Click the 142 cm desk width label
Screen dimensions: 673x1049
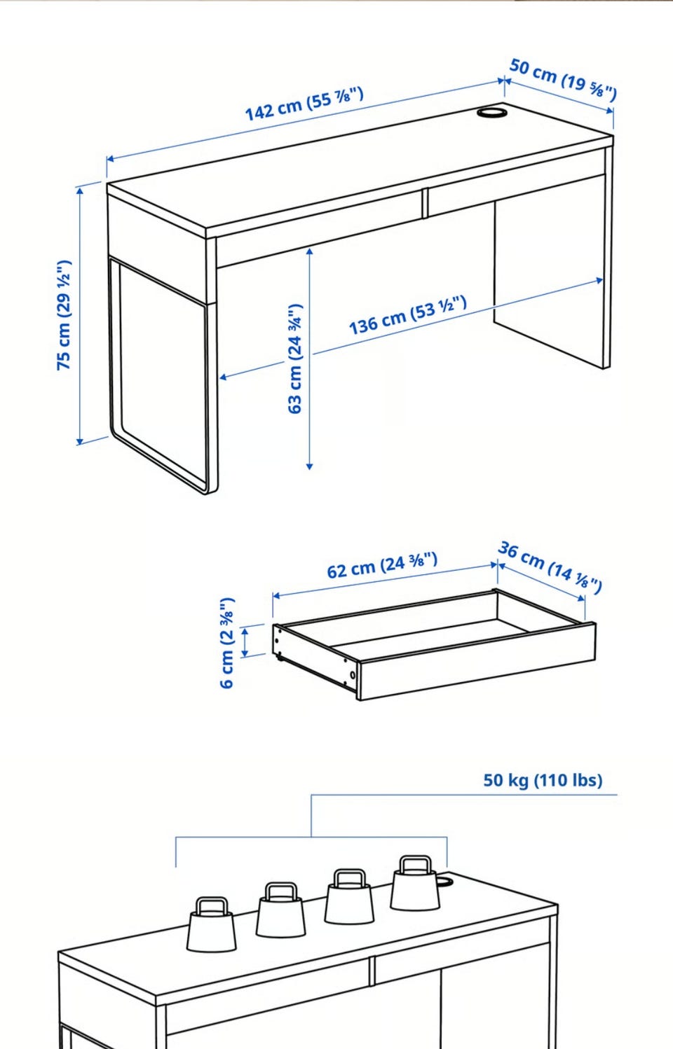tap(304, 104)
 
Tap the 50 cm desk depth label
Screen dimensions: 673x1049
tap(563, 80)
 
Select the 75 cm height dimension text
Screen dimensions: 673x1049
tap(64, 315)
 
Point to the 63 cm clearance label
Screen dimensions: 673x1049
tap(295, 359)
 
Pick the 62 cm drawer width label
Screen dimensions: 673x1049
tap(382, 565)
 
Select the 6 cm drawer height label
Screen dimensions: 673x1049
tap(227, 643)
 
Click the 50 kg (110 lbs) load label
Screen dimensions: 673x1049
tap(543, 780)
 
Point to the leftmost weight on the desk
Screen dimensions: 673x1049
tap(212, 924)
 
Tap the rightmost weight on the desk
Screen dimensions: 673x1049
tap(415, 883)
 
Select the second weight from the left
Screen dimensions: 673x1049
tap(280, 910)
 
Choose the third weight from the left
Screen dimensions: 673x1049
tap(349, 897)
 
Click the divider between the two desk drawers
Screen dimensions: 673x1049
tap(425, 203)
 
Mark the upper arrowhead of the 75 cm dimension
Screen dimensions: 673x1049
tap(80, 190)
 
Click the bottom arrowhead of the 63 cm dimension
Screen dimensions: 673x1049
tap(309, 466)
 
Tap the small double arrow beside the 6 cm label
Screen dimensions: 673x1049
tap(245, 643)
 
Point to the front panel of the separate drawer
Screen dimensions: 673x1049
tap(477, 661)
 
